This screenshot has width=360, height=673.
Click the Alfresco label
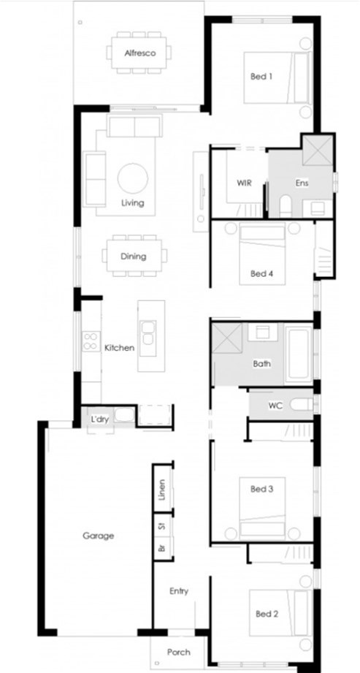(x=140, y=53)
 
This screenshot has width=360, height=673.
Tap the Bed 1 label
(x=261, y=77)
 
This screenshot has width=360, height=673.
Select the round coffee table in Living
(x=133, y=178)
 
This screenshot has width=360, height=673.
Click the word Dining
(x=133, y=256)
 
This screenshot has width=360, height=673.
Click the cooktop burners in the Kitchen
(x=91, y=341)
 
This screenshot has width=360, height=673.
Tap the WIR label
(x=244, y=183)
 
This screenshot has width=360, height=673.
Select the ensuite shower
(x=318, y=150)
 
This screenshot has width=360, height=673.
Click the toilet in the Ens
(x=286, y=206)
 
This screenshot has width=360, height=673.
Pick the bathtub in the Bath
(x=298, y=354)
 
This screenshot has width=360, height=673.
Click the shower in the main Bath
(x=227, y=338)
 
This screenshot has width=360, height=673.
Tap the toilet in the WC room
(x=302, y=404)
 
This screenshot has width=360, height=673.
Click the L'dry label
(x=99, y=419)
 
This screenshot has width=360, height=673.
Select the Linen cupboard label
(x=162, y=490)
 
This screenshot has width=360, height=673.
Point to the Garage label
(x=99, y=536)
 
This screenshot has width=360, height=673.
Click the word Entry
(x=179, y=591)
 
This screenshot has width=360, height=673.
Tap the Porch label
(x=178, y=653)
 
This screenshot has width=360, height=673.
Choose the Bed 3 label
(x=261, y=489)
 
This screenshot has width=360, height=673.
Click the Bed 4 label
(x=261, y=273)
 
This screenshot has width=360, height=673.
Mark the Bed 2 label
(x=267, y=615)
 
